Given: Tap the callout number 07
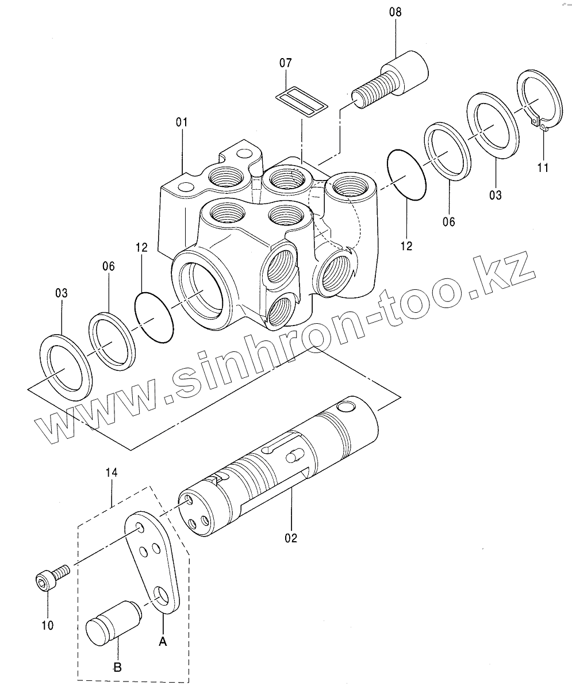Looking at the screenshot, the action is pyautogui.click(x=286, y=63).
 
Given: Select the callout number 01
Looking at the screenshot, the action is pyautogui.click(x=182, y=122).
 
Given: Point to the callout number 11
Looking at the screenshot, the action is pyautogui.click(x=543, y=167).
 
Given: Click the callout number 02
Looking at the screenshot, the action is pyautogui.click(x=291, y=538).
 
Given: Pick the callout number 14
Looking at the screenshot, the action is pyautogui.click(x=112, y=472).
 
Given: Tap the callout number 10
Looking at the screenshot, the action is pyautogui.click(x=47, y=625).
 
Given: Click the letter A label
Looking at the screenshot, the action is pyautogui.click(x=163, y=642).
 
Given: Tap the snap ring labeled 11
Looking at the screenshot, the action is pyautogui.click(x=539, y=101).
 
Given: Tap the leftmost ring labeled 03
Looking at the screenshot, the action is pyautogui.click(x=65, y=367).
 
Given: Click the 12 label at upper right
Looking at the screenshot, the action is pyautogui.click(x=406, y=246).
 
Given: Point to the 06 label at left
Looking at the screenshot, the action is pyautogui.click(x=109, y=266).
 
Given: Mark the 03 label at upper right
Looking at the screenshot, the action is pyautogui.click(x=495, y=195).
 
